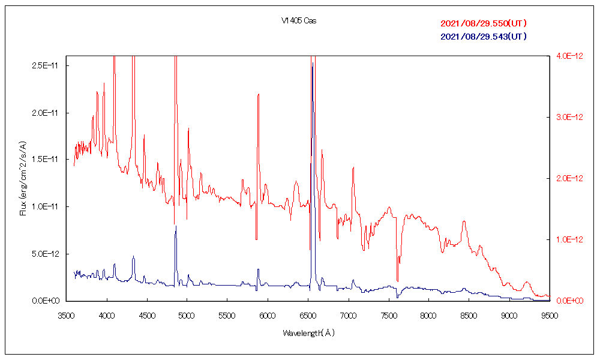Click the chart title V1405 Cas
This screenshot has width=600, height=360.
(299, 21)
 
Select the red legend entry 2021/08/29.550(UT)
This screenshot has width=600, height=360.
(484, 24)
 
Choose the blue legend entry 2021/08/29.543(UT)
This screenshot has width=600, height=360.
(484, 37)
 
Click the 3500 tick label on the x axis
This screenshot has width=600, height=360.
(67, 314)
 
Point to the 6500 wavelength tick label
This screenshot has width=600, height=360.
(308, 314)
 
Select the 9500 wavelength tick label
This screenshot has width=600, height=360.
(550, 314)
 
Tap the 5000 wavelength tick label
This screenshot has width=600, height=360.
(187, 314)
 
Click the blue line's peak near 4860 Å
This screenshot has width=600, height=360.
(176, 226)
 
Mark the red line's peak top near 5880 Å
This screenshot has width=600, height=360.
(258, 94)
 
